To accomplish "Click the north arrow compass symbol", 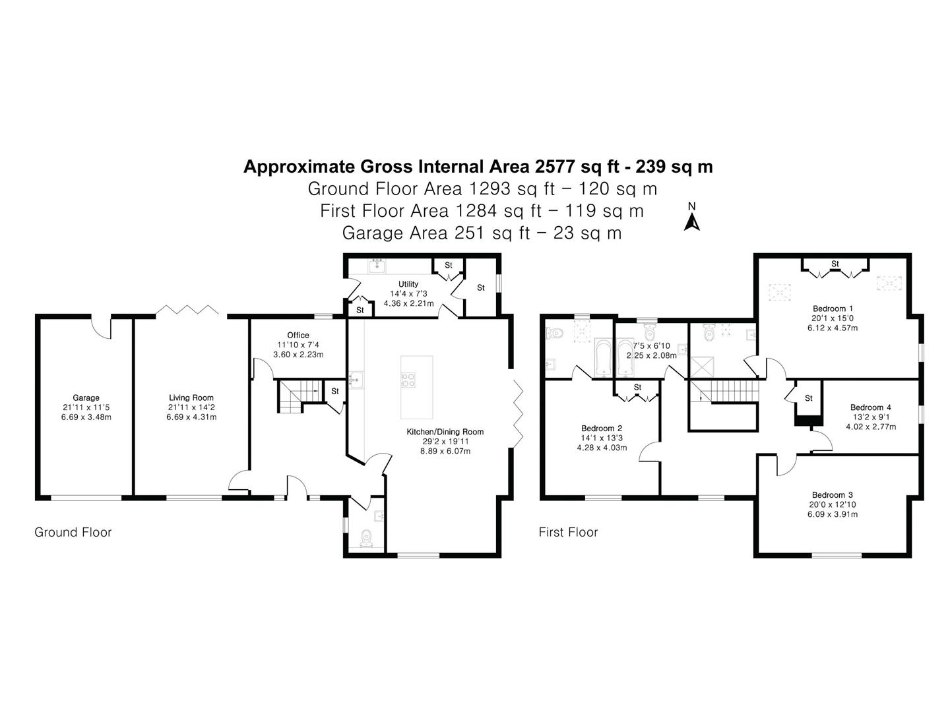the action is tap(691, 218).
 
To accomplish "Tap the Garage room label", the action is tap(86, 398).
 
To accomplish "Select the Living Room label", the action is tap(191, 398).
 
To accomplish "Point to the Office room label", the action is tap(298, 335).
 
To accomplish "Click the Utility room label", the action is tap(408, 284).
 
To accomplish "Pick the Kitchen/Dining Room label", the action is tap(445, 431).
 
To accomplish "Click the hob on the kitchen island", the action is tap(408, 380).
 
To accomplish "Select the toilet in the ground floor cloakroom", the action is tap(366, 537).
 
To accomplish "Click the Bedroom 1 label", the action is tap(833, 309).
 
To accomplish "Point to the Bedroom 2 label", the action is tap(602, 429).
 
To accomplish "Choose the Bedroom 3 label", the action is tap(833, 495).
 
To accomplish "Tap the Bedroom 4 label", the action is tap(871, 407).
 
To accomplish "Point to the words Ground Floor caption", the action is tap(73, 532).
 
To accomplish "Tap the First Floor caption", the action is tap(568, 532).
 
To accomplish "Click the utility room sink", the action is tap(377, 266).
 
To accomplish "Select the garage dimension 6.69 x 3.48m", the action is tap(86, 417).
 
